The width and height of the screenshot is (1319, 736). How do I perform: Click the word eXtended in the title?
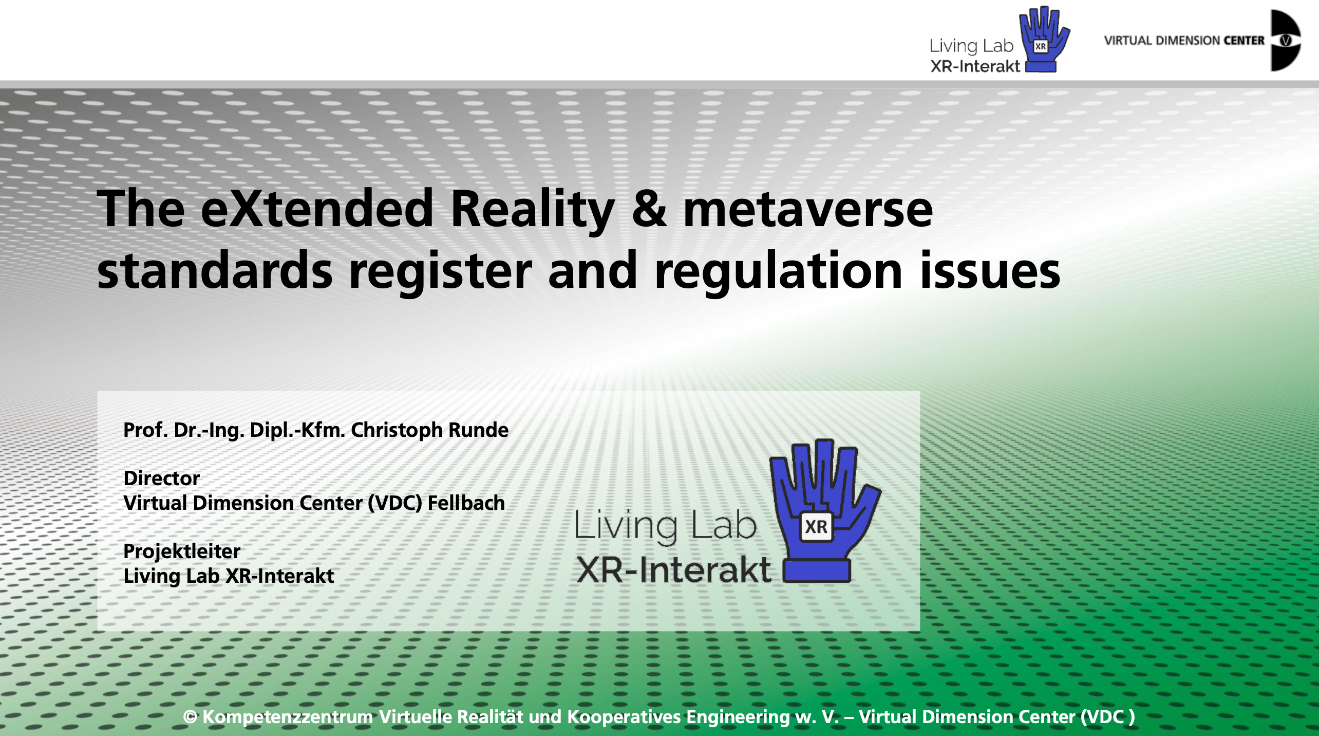[x=317, y=208]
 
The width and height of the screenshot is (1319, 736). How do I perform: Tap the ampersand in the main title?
[x=649, y=208]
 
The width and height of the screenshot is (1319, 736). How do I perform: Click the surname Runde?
[x=479, y=430]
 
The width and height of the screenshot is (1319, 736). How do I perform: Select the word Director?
[x=161, y=478]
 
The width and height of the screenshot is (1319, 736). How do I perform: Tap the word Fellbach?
[x=466, y=503]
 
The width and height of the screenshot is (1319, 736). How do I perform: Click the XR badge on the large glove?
[x=816, y=527]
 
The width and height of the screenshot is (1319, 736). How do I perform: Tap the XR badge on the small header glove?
[x=1041, y=46]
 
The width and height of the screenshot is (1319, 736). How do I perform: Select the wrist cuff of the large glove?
[x=816, y=571]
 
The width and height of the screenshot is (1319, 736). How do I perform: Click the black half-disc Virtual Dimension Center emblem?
[x=1286, y=40]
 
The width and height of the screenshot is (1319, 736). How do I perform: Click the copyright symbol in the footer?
[x=190, y=717]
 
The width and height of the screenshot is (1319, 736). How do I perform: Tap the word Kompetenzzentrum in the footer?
[x=288, y=717]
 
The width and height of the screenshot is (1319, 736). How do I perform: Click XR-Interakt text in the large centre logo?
[x=673, y=569]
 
